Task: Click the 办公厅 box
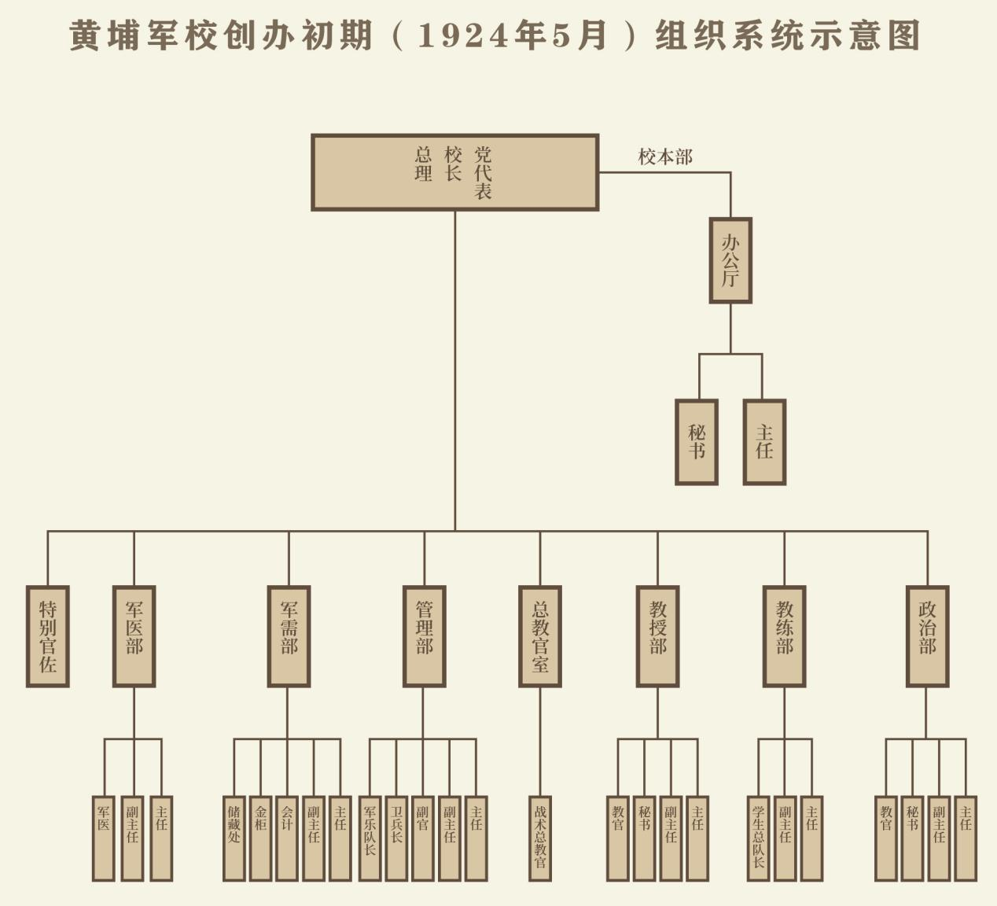(730, 260)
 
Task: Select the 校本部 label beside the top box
(665, 157)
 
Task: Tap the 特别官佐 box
(48, 636)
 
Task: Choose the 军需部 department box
(289, 636)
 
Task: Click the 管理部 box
(425, 636)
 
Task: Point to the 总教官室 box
(540, 636)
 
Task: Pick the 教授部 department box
(658, 636)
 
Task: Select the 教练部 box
(785, 636)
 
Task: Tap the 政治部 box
(928, 636)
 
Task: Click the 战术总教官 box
(540, 838)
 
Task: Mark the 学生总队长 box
(758, 838)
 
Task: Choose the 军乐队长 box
(370, 838)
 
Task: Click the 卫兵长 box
(396, 838)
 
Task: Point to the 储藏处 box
(234, 838)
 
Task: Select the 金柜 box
(261, 838)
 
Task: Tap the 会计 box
(287, 838)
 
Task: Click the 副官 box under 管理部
(423, 838)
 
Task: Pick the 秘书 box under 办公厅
(697, 442)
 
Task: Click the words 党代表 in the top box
(483, 172)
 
